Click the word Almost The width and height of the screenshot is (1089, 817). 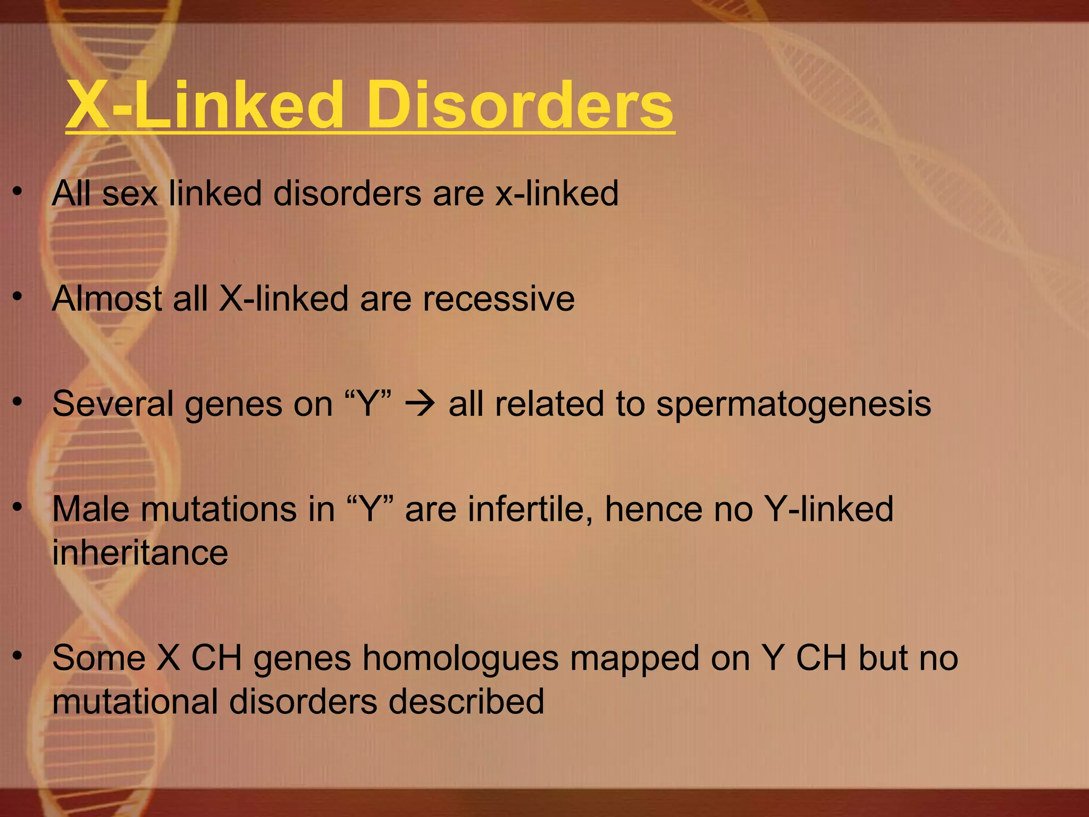(107, 298)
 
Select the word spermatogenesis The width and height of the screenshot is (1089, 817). (793, 405)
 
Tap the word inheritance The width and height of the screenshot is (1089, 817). (140, 553)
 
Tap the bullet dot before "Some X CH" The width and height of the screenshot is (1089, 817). (18, 657)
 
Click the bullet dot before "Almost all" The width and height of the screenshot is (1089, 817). (18, 297)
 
